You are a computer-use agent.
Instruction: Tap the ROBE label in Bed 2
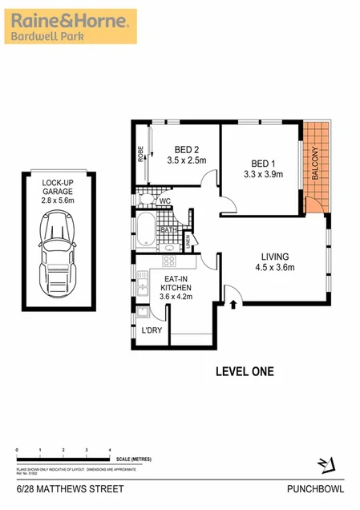click(x=141, y=153)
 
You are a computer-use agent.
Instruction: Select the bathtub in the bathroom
click(x=148, y=229)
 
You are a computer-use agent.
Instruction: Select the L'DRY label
click(x=151, y=330)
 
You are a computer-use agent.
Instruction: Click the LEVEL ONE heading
click(x=245, y=370)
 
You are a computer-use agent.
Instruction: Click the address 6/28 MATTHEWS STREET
click(x=55, y=488)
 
